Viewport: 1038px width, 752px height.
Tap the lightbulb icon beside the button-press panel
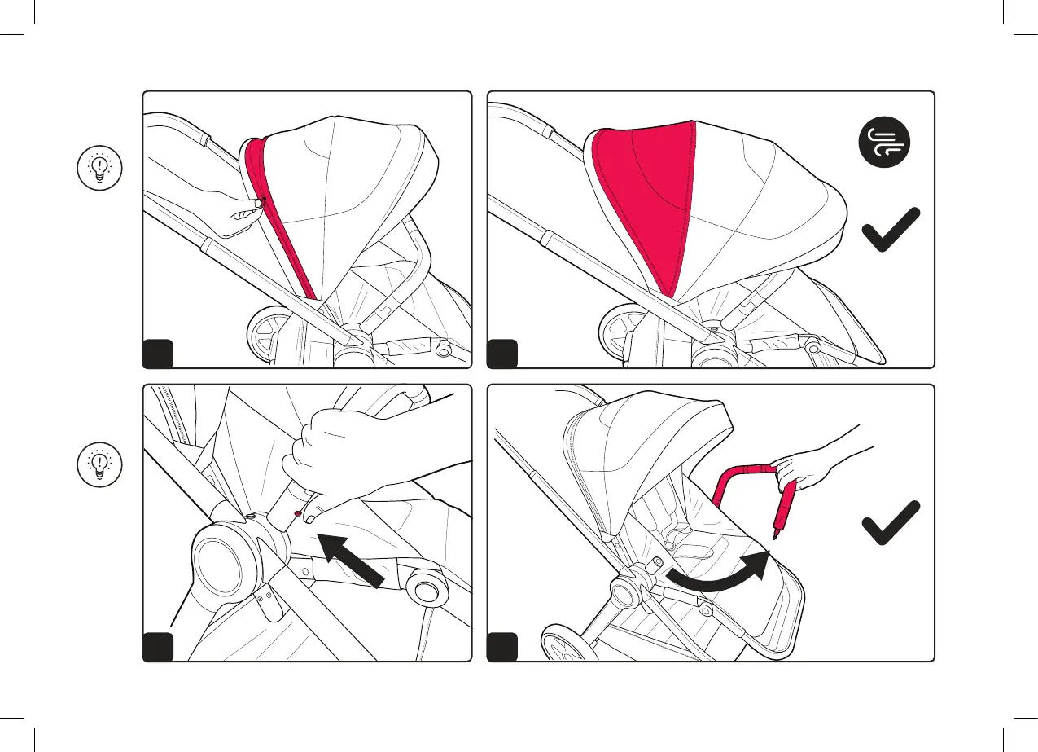99,464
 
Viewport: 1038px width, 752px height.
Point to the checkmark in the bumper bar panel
891,522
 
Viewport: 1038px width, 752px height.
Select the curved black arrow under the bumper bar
717,574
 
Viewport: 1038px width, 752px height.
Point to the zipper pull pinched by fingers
258,202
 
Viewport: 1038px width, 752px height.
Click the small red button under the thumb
300,513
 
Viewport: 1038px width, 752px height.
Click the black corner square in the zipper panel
158,354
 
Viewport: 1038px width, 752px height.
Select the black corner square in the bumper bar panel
501,647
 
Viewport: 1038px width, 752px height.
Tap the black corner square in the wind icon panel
501,354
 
